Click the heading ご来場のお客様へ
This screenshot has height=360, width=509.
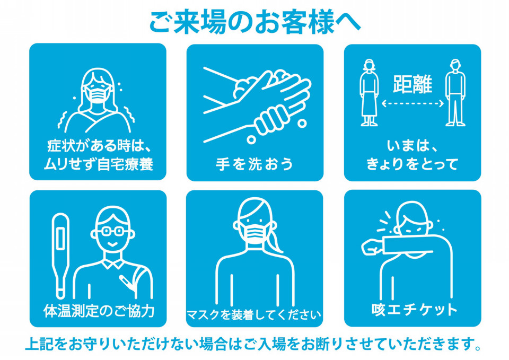click(255, 22)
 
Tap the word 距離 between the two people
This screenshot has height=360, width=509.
click(413, 84)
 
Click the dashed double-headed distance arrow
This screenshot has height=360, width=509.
click(413, 103)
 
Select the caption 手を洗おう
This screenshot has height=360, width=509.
click(254, 164)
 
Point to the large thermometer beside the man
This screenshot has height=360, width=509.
click(60, 256)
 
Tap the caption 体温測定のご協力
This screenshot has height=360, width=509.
click(99, 311)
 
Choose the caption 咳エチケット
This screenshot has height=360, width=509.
click(414, 309)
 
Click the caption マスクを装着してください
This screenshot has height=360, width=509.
click(254, 314)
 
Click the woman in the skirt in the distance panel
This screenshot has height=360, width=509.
click(369, 92)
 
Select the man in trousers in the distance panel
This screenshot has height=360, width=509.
click(455, 92)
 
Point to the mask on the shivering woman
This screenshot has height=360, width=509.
click(98, 93)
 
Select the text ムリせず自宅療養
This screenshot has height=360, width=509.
click(98, 164)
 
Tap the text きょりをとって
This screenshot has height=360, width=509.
click(413, 164)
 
